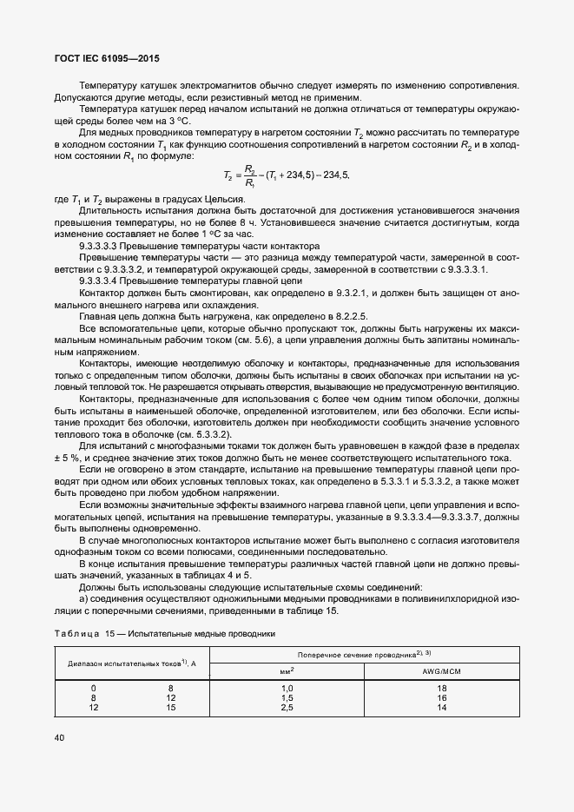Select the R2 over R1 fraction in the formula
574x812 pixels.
[250, 175]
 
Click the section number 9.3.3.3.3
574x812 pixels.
[103, 247]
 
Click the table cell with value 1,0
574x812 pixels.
[287, 688]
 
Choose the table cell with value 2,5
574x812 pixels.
[287, 707]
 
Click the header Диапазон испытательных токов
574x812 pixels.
[131, 662]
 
